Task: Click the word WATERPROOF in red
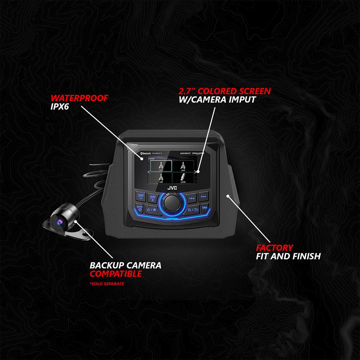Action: (79, 98)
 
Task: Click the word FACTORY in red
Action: (274, 248)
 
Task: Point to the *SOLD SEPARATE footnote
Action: (107, 283)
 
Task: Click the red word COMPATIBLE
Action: (116, 274)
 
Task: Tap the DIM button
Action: (205, 207)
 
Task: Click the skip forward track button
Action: (203, 197)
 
